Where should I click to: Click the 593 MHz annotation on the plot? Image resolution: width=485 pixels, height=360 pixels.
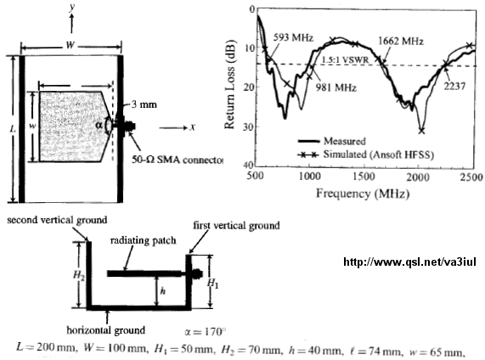(293, 37)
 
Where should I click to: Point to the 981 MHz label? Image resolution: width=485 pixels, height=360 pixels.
(336, 87)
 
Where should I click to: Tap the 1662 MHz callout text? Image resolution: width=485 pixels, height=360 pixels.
(401, 41)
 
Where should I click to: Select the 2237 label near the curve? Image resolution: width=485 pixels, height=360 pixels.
(454, 87)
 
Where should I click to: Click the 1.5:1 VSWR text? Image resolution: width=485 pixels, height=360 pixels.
(346, 59)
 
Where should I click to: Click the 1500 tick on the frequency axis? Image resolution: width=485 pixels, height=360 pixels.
(364, 177)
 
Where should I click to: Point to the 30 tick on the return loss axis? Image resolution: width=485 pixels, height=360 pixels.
(250, 127)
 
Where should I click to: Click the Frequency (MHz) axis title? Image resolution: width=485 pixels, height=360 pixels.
(363, 194)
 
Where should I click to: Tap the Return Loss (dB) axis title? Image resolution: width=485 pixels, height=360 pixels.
(230, 84)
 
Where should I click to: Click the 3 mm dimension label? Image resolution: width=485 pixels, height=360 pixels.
(144, 104)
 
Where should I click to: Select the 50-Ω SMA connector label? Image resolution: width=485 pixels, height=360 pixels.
(178, 160)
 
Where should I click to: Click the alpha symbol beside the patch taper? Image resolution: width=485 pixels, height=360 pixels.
(99, 125)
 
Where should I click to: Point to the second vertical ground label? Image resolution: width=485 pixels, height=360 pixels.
(57, 220)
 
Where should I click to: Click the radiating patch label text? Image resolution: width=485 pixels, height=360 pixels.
(144, 240)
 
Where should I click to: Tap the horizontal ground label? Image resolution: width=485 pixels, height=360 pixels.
(106, 330)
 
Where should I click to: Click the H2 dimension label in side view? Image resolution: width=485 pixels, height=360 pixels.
(79, 274)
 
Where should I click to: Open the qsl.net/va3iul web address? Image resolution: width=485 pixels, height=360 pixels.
(410, 262)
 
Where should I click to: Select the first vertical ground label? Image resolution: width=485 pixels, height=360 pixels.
(237, 226)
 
